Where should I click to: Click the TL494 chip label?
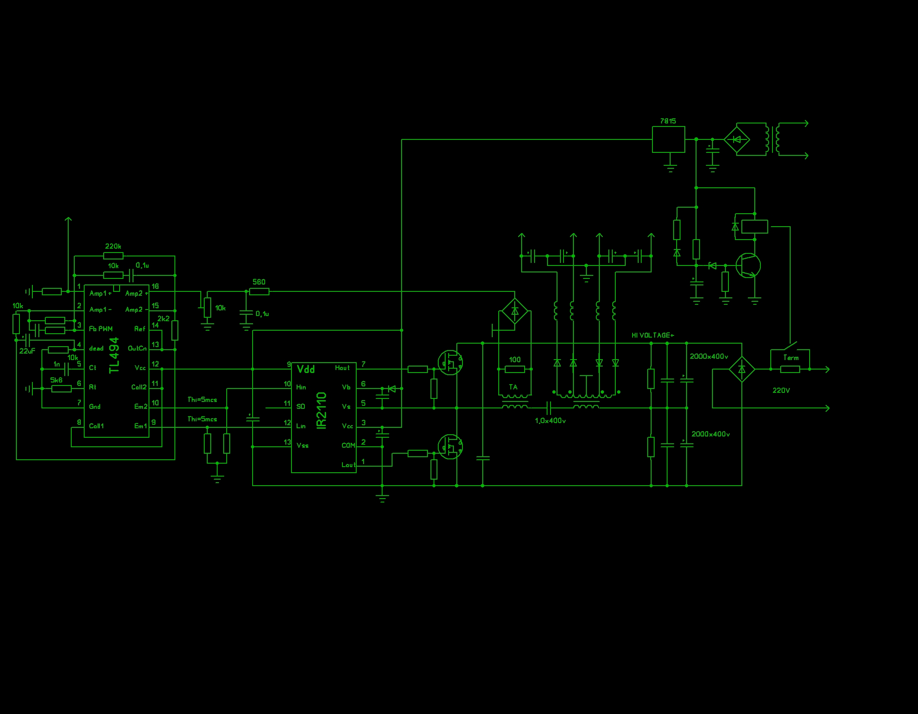pyautogui.click(x=114, y=355)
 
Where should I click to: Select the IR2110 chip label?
pyautogui.click(x=322, y=410)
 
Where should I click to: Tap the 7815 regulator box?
pyautogui.click(x=668, y=139)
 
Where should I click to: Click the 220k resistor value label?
pyautogui.click(x=113, y=246)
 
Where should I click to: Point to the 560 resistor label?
pyautogui.click(x=259, y=282)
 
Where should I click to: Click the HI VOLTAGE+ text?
pyautogui.click(x=652, y=335)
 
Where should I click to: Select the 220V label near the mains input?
pyautogui.click(x=781, y=391)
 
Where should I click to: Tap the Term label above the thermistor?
pyautogui.click(x=791, y=358)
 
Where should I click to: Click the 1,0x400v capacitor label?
pyautogui.click(x=550, y=421)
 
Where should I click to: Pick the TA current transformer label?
pyautogui.click(x=513, y=387)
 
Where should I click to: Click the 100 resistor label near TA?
pyautogui.click(x=515, y=360)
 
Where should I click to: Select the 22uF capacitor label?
pyautogui.click(x=27, y=351)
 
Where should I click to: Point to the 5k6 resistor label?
pyautogui.click(x=56, y=380)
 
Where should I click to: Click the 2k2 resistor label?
pyautogui.click(x=163, y=319)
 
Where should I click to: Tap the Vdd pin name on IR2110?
pyautogui.click(x=306, y=370)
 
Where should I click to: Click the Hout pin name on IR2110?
pyautogui.click(x=342, y=368)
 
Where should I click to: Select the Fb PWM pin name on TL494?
pyautogui.click(x=101, y=329)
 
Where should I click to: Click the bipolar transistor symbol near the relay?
pyautogui.click(x=748, y=265)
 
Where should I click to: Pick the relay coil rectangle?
pyautogui.click(x=754, y=227)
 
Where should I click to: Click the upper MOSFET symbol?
pyautogui.click(x=450, y=363)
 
